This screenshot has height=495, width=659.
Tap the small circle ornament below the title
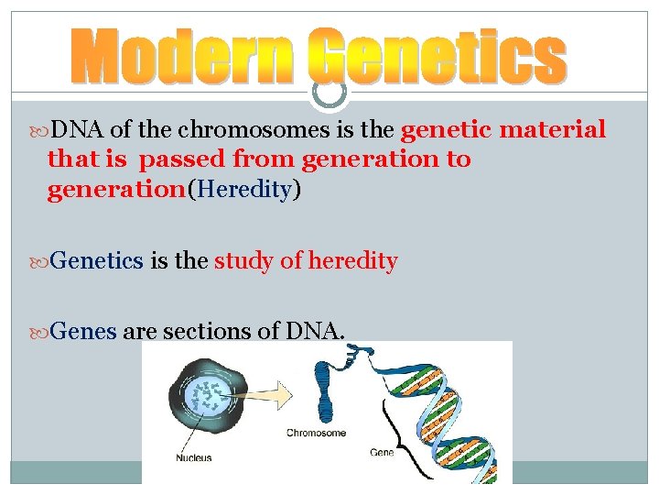click(329, 90)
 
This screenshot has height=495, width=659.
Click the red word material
click(556, 130)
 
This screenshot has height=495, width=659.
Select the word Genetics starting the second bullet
click(97, 262)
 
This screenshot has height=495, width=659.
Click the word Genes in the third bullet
click(83, 332)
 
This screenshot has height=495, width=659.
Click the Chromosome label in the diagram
click(316, 432)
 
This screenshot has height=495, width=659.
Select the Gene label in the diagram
click(382, 452)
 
